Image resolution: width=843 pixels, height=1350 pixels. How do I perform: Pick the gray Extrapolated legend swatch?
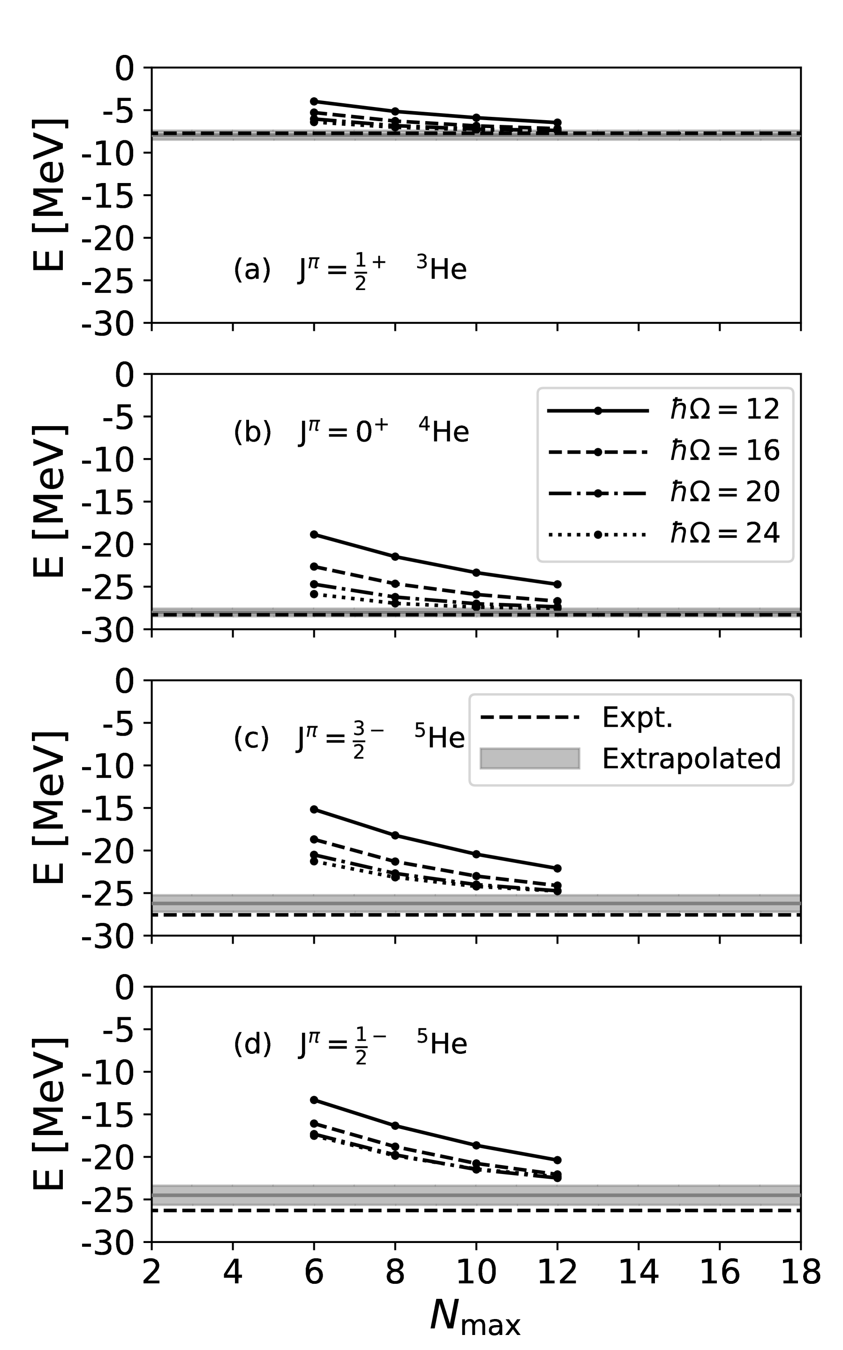530,759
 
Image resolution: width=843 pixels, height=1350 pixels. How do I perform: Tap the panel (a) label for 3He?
350,271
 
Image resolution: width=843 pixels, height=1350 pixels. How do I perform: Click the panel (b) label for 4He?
351,432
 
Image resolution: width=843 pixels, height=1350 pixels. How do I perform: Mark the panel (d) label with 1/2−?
350,1045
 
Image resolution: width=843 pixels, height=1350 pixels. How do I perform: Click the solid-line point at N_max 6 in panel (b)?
314,534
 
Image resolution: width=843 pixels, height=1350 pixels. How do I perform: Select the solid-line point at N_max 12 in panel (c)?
557,869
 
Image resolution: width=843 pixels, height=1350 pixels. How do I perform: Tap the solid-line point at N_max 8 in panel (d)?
395,1126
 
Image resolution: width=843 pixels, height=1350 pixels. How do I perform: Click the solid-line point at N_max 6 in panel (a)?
314,101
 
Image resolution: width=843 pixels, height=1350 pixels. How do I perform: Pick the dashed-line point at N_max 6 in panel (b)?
314,567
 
